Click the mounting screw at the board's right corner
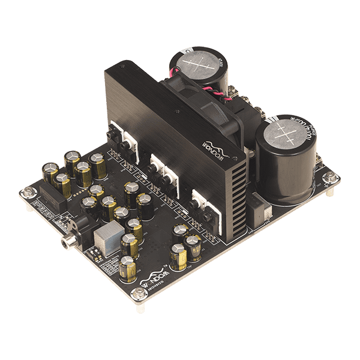[330, 178]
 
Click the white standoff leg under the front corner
[140, 307]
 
